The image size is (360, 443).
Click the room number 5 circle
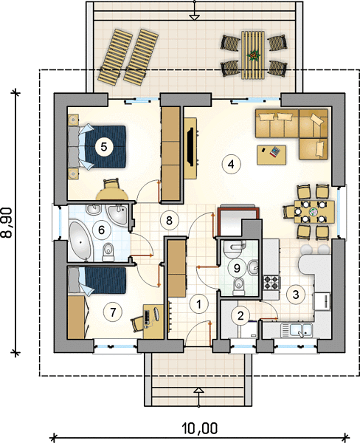point(103,147)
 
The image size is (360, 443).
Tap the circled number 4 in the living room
point(231,164)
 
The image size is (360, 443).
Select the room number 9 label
point(237,267)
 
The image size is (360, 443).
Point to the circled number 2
point(240,315)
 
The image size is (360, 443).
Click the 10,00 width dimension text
point(200,428)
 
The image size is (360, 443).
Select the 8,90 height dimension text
point(7,222)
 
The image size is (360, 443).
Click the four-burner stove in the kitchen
point(272,283)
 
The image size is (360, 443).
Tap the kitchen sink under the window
point(296,330)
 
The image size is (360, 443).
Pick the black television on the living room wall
point(192,147)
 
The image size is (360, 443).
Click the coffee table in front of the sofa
point(271,154)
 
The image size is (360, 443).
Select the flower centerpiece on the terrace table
point(252,55)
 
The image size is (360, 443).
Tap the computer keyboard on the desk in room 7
point(147,317)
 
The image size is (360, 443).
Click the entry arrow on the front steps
point(199,391)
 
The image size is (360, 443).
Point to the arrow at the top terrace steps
point(194,17)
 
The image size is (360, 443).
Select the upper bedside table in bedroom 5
point(74,120)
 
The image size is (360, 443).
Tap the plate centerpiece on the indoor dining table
point(314,211)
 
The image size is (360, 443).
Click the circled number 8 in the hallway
point(169,220)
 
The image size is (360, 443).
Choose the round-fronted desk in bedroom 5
point(112,194)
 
